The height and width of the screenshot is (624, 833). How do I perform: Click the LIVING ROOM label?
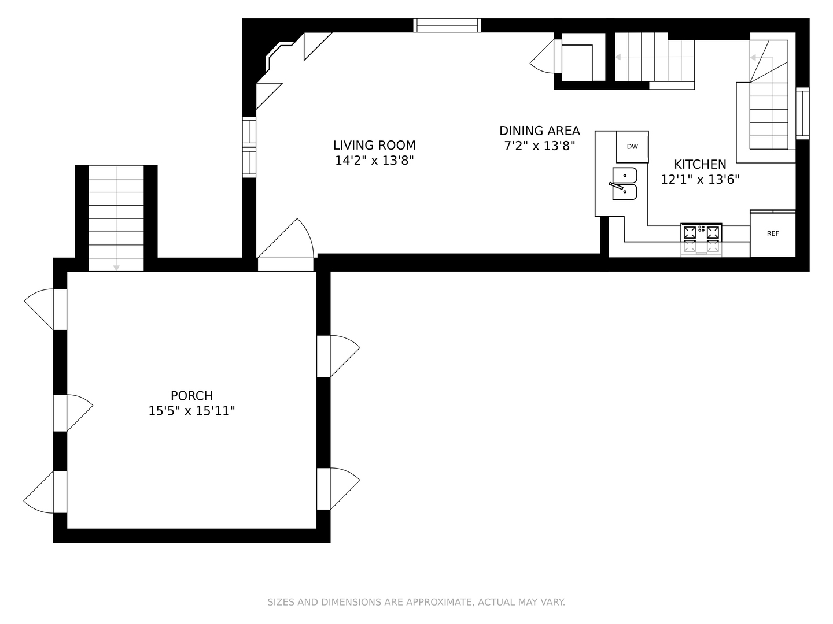tap(374, 146)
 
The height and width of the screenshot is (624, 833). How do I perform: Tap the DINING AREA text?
tap(539, 131)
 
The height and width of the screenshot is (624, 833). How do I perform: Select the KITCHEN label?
tap(700, 165)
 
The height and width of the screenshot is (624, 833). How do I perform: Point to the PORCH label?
tap(191, 396)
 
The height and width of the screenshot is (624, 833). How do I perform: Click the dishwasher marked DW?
tap(632, 147)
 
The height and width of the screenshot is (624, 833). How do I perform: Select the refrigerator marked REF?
tap(773, 234)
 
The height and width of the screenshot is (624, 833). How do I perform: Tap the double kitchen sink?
tap(624, 184)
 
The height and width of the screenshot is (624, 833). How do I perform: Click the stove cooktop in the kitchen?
tap(701, 233)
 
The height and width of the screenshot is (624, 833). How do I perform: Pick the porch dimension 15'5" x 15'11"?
tap(191, 411)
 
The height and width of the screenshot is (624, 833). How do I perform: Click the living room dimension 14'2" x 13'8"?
tap(374, 161)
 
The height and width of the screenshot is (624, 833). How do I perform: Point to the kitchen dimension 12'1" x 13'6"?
tap(700, 180)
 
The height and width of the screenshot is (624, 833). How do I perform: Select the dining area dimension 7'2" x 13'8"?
tap(539, 146)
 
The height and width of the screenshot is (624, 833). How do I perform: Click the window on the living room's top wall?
tap(447, 25)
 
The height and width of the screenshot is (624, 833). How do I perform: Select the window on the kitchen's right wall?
tap(802, 113)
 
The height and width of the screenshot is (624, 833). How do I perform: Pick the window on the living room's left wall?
tap(249, 147)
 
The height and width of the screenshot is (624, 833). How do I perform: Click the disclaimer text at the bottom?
tap(416, 602)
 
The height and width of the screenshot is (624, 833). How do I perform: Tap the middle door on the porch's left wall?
tap(61, 413)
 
